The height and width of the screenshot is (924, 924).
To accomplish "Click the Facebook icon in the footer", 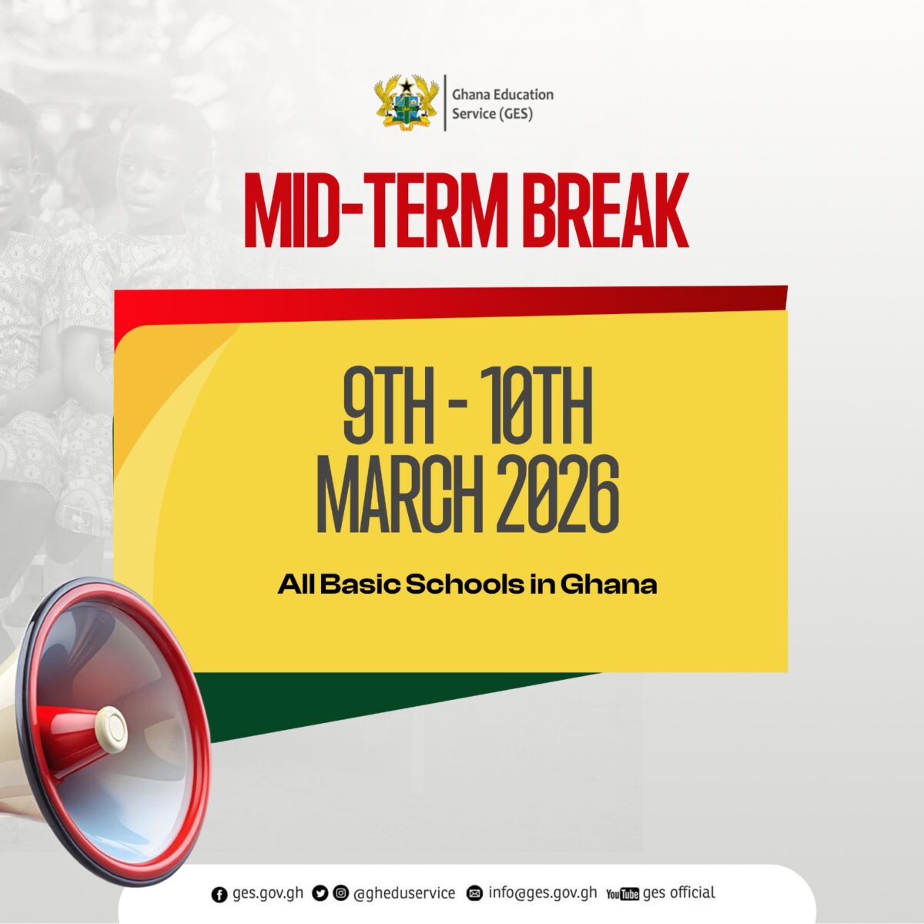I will point(219,894).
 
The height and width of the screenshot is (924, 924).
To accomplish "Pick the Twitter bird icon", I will point(320,893).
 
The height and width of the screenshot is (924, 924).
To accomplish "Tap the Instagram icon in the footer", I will point(340,893).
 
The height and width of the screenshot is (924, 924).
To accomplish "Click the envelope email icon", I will point(475,894).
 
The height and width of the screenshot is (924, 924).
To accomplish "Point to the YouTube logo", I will point(622,894).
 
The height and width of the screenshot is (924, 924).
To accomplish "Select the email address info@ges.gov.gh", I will point(542,893).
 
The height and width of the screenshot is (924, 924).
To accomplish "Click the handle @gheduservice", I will point(403,893).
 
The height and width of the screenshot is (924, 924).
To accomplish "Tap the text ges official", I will point(678,892).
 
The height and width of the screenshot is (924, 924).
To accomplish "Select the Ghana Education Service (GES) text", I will point(502,104).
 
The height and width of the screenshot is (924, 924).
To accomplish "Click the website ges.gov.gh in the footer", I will point(267,894).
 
